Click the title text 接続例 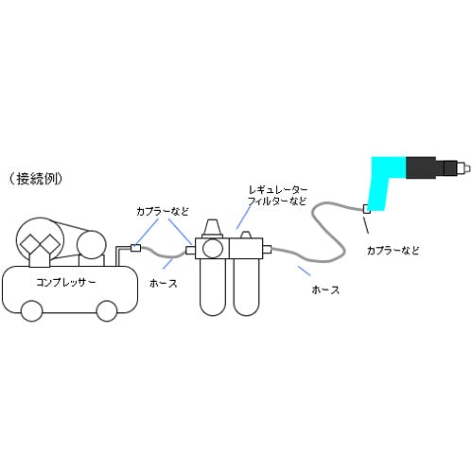point(35,179)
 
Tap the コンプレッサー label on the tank point(65,282)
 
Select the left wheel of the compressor point(31,311)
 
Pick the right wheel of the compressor point(107,311)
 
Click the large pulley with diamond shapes point(40,241)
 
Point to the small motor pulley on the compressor point(91,245)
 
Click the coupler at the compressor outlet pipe point(135,248)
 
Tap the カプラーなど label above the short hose point(163,211)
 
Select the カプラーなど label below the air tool point(394,251)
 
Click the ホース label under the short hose point(164,284)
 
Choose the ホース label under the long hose point(325,289)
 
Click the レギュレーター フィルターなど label point(277,196)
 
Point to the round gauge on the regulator point(213,249)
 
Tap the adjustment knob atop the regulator point(212,228)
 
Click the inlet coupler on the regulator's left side point(190,251)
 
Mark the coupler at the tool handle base point(367,209)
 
